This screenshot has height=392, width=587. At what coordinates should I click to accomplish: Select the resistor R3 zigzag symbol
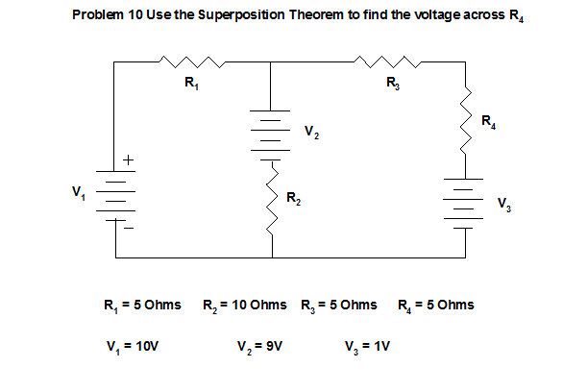pos(388,63)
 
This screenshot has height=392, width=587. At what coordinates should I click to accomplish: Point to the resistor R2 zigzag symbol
pos(272,200)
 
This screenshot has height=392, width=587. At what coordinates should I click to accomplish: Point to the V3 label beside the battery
pos(504,204)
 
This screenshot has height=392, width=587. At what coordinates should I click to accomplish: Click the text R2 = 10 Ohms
pos(245,306)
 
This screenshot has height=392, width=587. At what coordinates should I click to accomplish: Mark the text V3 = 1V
pos(367,344)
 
